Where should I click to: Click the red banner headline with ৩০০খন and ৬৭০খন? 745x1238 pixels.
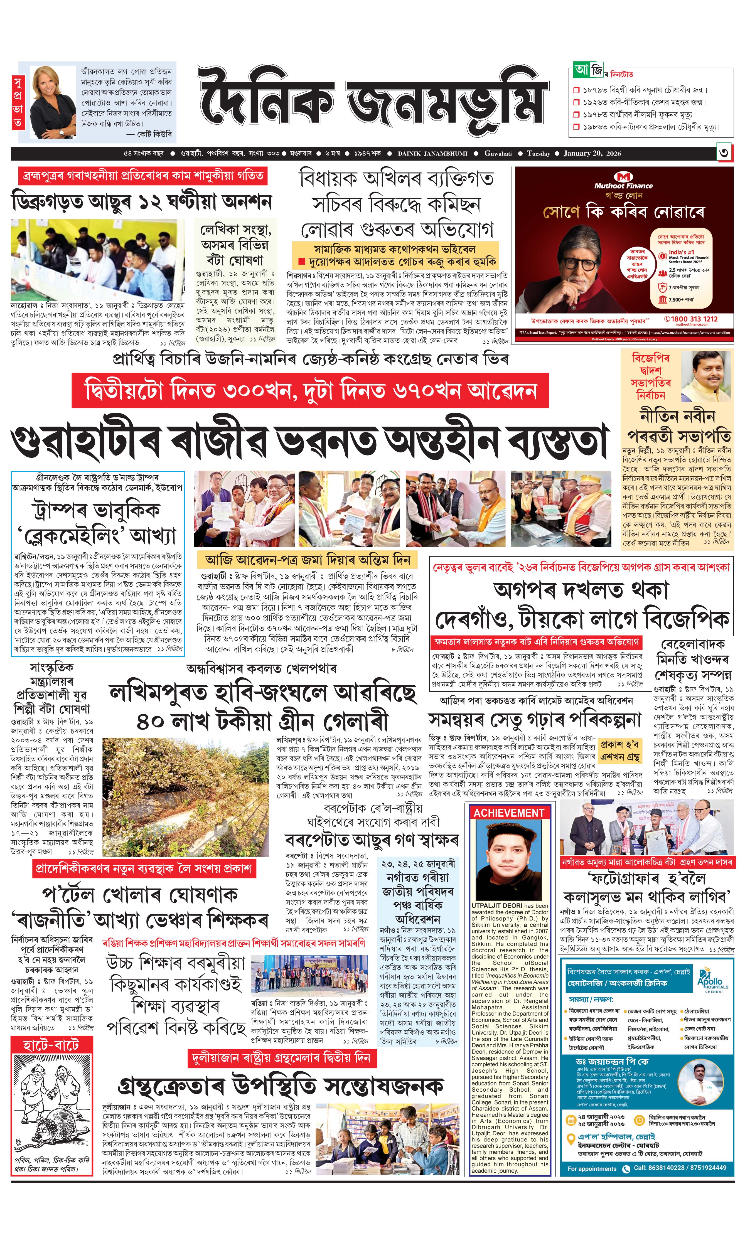310,390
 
